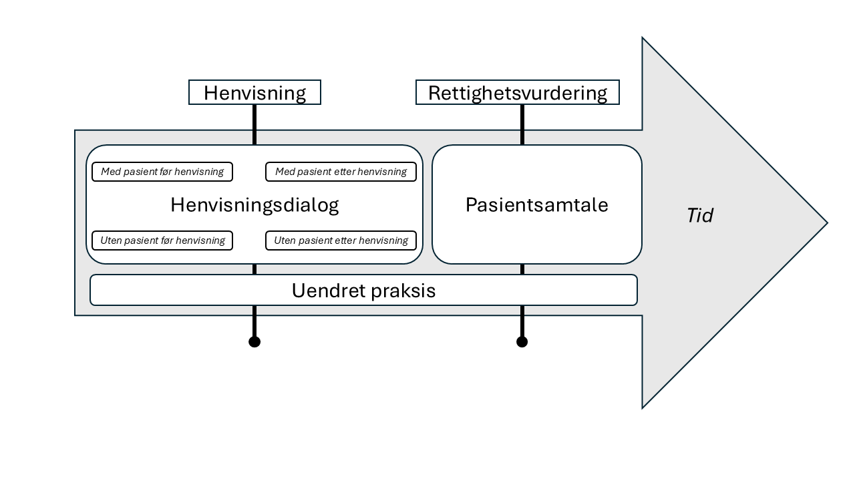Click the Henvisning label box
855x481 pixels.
point(254,93)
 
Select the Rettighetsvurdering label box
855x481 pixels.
point(517,93)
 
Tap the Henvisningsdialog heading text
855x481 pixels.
point(254,204)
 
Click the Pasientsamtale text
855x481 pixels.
point(536,204)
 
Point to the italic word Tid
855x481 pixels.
point(699,215)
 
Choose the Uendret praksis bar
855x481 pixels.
point(363,290)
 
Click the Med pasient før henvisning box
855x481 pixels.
point(162,172)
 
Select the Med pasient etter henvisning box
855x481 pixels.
point(341,172)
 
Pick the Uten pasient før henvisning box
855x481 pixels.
point(162,240)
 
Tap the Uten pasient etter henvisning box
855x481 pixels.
point(341,240)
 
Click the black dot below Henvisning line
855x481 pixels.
point(254,342)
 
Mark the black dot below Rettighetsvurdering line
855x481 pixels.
point(522,342)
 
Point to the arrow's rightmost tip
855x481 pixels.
point(826,223)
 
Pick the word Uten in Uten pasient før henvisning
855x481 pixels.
point(111,240)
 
